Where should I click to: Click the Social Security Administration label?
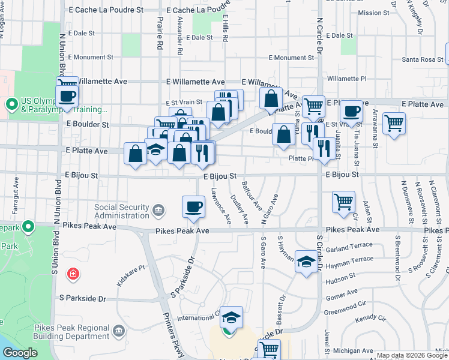point(122,211)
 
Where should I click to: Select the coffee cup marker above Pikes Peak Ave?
point(193,207)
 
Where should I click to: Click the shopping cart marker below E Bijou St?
point(343,202)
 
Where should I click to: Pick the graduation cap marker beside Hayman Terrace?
point(306,262)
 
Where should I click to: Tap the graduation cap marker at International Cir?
point(231,317)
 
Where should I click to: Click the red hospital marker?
point(73,274)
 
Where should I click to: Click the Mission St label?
point(373,13)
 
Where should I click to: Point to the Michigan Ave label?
point(353,350)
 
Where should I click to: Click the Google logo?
point(20,353)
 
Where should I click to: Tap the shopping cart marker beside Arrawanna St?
point(394,124)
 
